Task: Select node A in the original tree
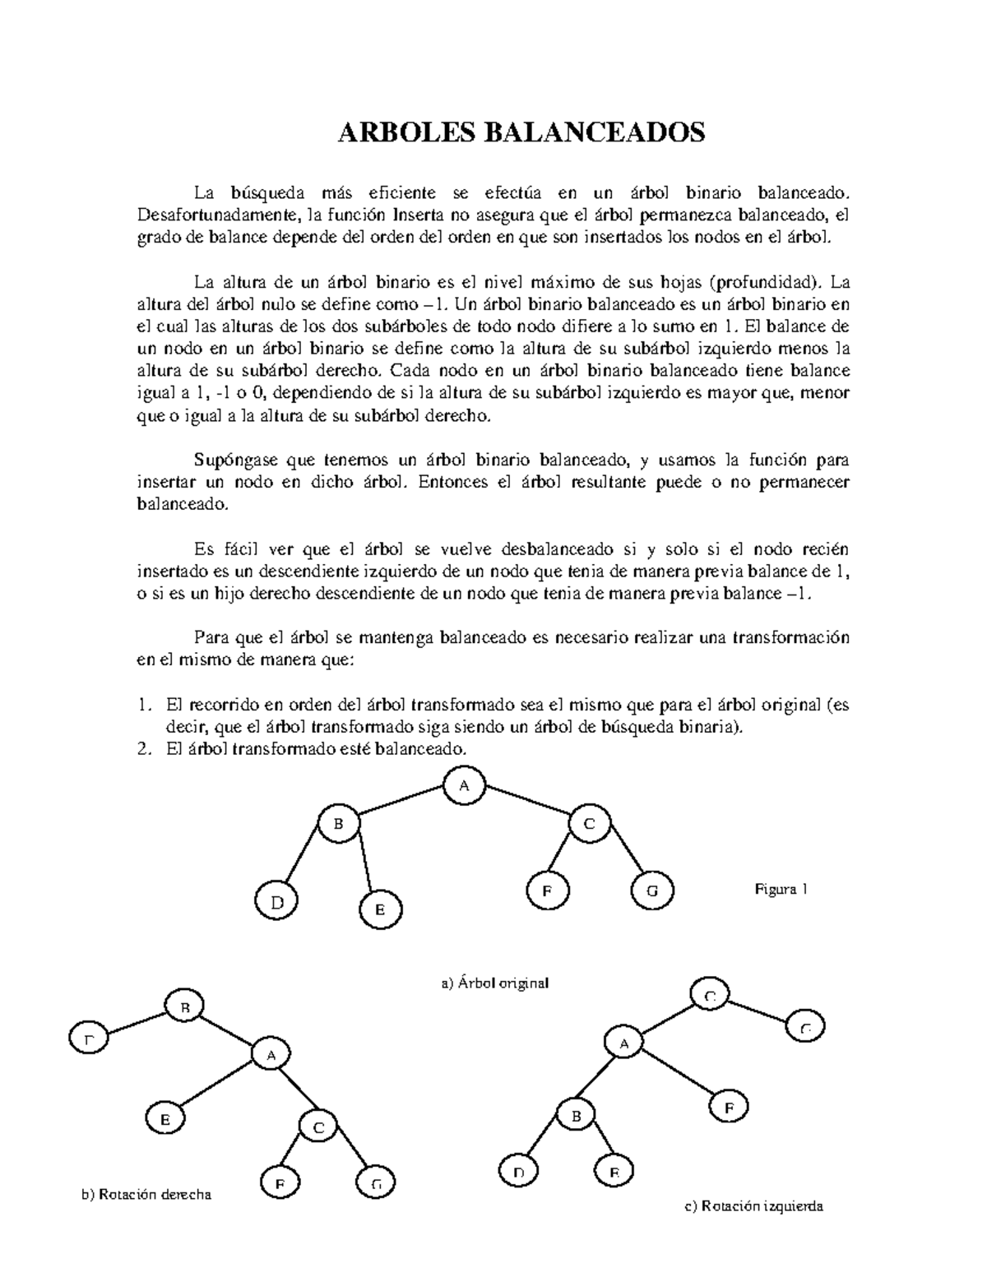click(x=464, y=785)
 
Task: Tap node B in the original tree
click(x=338, y=824)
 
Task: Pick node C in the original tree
click(x=589, y=825)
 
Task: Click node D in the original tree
click(x=277, y=902)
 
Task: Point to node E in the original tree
click(x=380, y=909)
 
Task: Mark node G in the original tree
click(x=652, y=891)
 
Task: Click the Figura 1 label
click(x=781, y=889)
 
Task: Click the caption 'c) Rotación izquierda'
click(x=753, y=1206)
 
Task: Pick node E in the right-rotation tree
click(x=165, y=1119)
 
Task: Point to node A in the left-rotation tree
click(x=624, y=1044)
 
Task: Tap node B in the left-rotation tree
click(x=577, y=1116)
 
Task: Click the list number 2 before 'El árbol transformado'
click(x=144, y=749)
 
